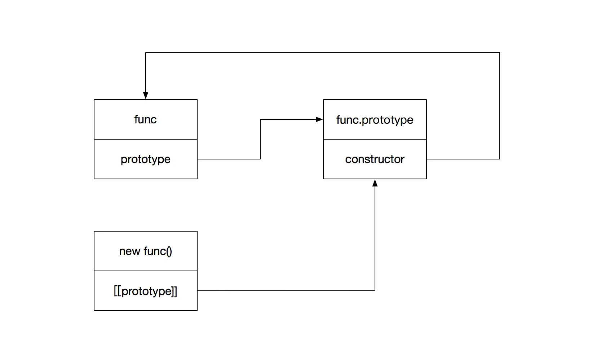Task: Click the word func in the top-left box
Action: point(145,119)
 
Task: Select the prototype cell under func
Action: point(145,159)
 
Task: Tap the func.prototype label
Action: point(375,120)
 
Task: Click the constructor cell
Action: point(375,159)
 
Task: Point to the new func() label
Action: point(145,251)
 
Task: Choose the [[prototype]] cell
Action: point(145,291)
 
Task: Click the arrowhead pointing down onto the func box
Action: point(146,96)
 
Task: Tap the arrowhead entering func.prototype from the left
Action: point(319,119)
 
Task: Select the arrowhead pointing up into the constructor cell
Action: point(375,183)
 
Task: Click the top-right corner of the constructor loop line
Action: point(499,53)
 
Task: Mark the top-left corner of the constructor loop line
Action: point(146,53)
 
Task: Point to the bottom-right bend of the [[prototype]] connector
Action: point(375,290)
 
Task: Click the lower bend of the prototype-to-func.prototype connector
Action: point(260,159)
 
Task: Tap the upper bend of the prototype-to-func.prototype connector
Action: point(260,119)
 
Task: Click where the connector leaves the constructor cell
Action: point(427,159)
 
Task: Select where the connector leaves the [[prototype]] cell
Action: point(198,290)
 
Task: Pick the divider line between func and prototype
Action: point(146,139)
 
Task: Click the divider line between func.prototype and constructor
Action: point(375,139)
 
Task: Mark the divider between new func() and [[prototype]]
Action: point(146,271)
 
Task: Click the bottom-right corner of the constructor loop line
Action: point(499,159)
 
